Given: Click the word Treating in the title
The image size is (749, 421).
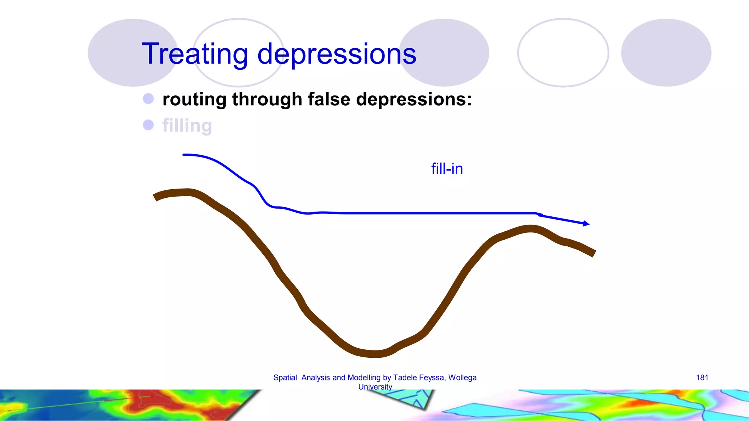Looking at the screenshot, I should point(196,54).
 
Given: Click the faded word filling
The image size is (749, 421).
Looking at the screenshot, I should point(187,126).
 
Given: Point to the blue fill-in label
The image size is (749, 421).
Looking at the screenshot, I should point(447,169).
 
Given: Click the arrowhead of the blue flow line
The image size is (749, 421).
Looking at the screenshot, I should point(586,223).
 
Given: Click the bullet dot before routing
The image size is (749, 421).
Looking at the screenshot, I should point(148,99).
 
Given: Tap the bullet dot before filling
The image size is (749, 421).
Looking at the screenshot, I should point(148,125).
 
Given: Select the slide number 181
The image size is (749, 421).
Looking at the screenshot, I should point(702,378).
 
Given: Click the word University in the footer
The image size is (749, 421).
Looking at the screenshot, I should point(375,387).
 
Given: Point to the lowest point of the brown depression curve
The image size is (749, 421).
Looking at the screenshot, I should point(375,353).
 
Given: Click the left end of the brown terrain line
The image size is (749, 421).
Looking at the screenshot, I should point(155,198).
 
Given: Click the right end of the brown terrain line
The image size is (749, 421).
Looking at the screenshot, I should point(594,253).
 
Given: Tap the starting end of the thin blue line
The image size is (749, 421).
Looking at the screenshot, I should point(184,155).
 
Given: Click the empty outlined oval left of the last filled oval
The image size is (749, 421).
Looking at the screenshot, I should point(563,53).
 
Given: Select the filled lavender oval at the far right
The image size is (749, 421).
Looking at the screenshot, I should point(666,53).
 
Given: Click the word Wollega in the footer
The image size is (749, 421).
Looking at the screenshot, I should point(462,378).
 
